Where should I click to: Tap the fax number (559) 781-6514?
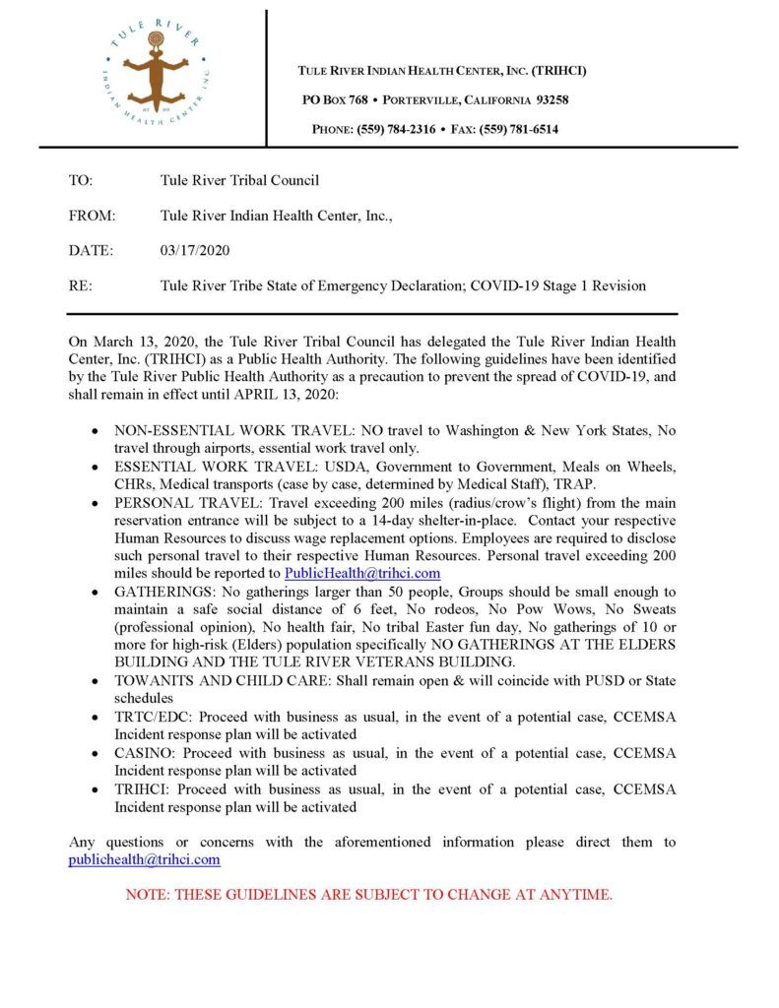tap(519, 128)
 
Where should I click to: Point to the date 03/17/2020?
tap(195, 251)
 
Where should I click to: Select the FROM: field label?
tap(93, 216)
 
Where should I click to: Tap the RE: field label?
tap(81, 286)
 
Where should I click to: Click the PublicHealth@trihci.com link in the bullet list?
tap(361, 573)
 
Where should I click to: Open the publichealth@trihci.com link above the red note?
tap(144, 859)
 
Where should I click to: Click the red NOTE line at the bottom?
tap(369, 895)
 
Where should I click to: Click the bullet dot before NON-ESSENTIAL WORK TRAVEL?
tap(94, 431)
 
